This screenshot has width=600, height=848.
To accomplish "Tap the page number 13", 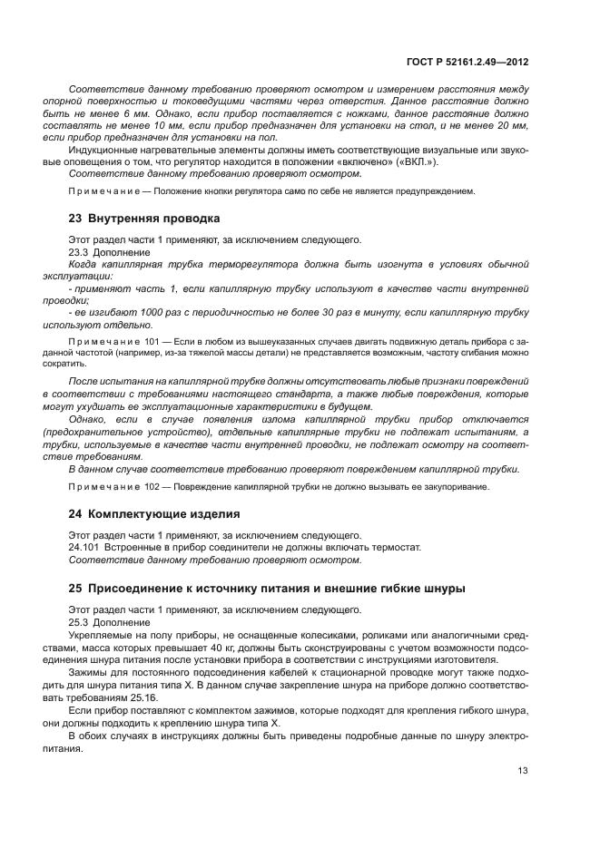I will (522, 770).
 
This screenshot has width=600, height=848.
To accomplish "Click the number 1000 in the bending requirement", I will (130, 312).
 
